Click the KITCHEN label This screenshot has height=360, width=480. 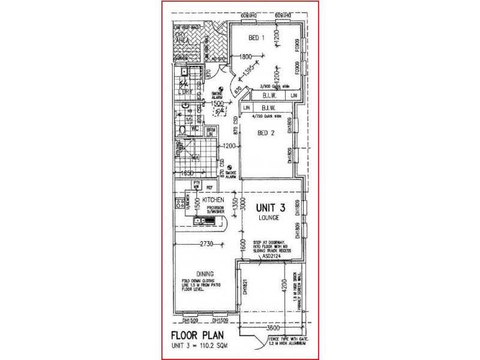213,199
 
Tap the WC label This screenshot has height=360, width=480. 195,128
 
